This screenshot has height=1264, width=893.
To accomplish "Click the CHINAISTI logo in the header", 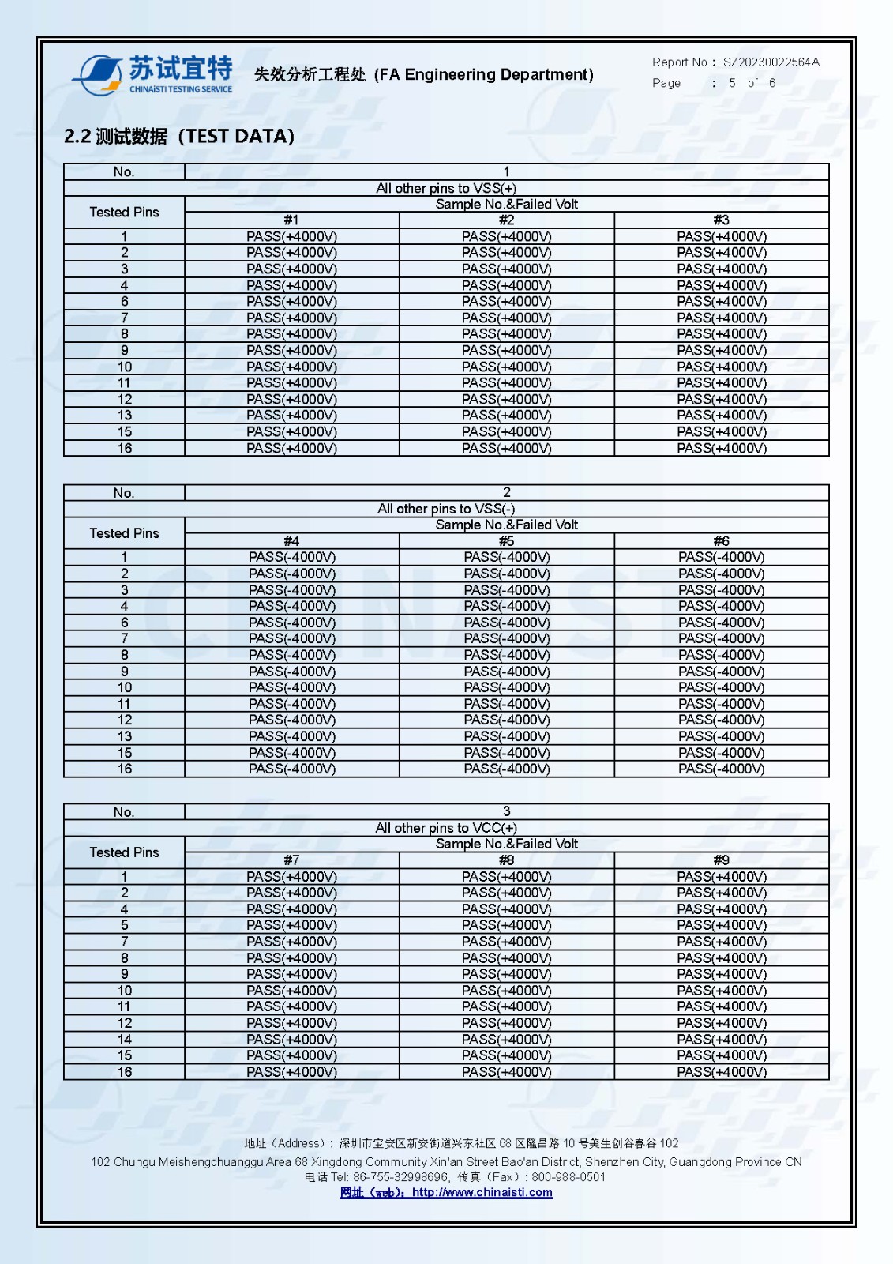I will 153,74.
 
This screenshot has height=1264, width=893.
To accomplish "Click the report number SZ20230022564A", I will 771,62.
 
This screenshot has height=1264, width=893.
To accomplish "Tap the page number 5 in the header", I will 732,83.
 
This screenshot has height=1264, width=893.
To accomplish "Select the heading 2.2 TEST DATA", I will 179,137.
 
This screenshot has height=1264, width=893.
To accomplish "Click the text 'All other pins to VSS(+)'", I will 446,188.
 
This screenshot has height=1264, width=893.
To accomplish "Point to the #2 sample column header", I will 506,220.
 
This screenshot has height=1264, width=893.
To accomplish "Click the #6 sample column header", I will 721,541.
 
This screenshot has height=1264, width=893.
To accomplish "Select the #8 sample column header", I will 506,860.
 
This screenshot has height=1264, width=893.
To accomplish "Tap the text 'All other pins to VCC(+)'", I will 446,828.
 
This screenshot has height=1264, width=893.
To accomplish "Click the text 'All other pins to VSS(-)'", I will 446,509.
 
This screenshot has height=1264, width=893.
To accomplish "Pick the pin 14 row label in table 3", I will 124,1040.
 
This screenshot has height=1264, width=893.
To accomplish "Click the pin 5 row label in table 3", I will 124,925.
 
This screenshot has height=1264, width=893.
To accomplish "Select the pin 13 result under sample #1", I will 291,416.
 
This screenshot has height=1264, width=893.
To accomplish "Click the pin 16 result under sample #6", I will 721,769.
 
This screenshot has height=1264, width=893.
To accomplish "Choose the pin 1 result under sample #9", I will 721,877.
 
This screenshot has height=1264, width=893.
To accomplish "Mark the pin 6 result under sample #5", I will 506,623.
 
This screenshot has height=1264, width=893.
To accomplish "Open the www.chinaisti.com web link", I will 482,1193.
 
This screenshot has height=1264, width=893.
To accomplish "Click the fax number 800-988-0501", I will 568,1177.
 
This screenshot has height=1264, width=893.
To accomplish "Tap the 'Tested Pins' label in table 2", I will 124,533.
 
